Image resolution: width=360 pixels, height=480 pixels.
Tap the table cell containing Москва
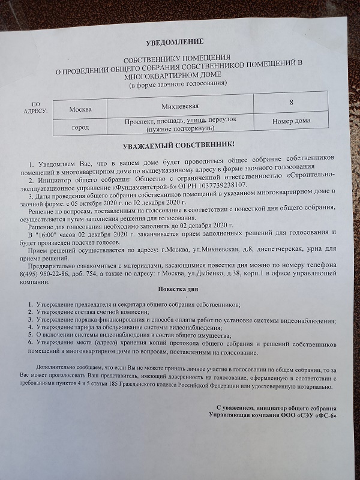(80, 109)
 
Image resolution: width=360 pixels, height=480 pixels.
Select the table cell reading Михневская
(180, 106)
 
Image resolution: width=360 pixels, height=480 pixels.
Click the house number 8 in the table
(291, 103)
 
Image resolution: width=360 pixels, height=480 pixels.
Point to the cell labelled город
(80, 128)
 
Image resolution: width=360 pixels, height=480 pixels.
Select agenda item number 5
(30, 335)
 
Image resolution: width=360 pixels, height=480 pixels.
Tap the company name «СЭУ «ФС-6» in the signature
(314, 415)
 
